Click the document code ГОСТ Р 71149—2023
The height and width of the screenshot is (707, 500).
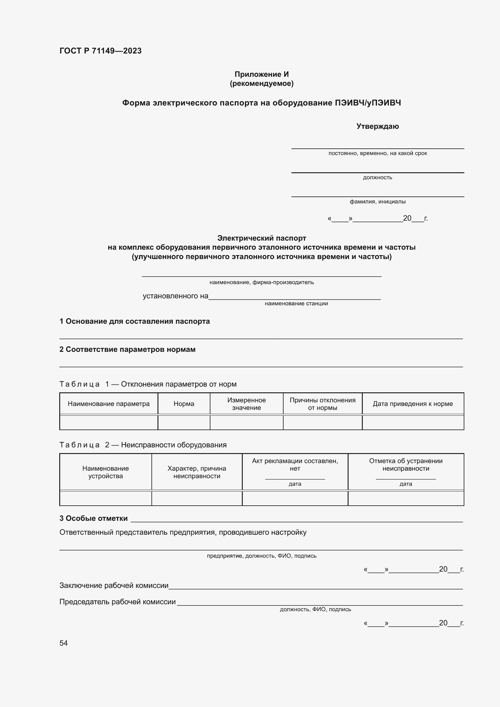tap(100, 51)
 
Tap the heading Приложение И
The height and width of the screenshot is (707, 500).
tap(261, 74)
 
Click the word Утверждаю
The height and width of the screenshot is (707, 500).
tap(378, 126)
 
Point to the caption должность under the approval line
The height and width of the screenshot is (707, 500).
tap(378, 177)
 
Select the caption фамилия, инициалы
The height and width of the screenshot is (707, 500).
tap(378, 202)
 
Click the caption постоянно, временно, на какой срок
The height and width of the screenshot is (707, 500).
tap(378, 153)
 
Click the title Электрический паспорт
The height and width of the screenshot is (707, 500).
tap(261, 238)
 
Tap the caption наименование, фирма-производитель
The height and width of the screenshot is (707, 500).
tap(261, 282)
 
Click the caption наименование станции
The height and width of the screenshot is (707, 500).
tap(296, 303)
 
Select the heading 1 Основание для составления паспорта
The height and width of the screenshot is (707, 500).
tap(135, 321)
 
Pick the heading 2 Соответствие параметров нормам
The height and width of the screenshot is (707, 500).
tap(128, 349)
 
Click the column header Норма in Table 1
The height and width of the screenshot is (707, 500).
tap(184, 404)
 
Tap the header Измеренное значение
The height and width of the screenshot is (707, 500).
tap(246, 404)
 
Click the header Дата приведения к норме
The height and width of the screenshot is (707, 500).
tap(413, 404)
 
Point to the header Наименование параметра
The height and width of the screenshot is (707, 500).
tap(109, 404)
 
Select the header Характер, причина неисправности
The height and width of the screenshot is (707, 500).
tap(197, 472)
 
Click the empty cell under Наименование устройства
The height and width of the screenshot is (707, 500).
tap(106, 498)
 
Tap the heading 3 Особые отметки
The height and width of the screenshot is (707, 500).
tap(94, 518)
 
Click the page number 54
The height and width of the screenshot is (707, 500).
tap(63, 643)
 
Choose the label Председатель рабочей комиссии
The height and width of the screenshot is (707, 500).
tap(117, 602)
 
